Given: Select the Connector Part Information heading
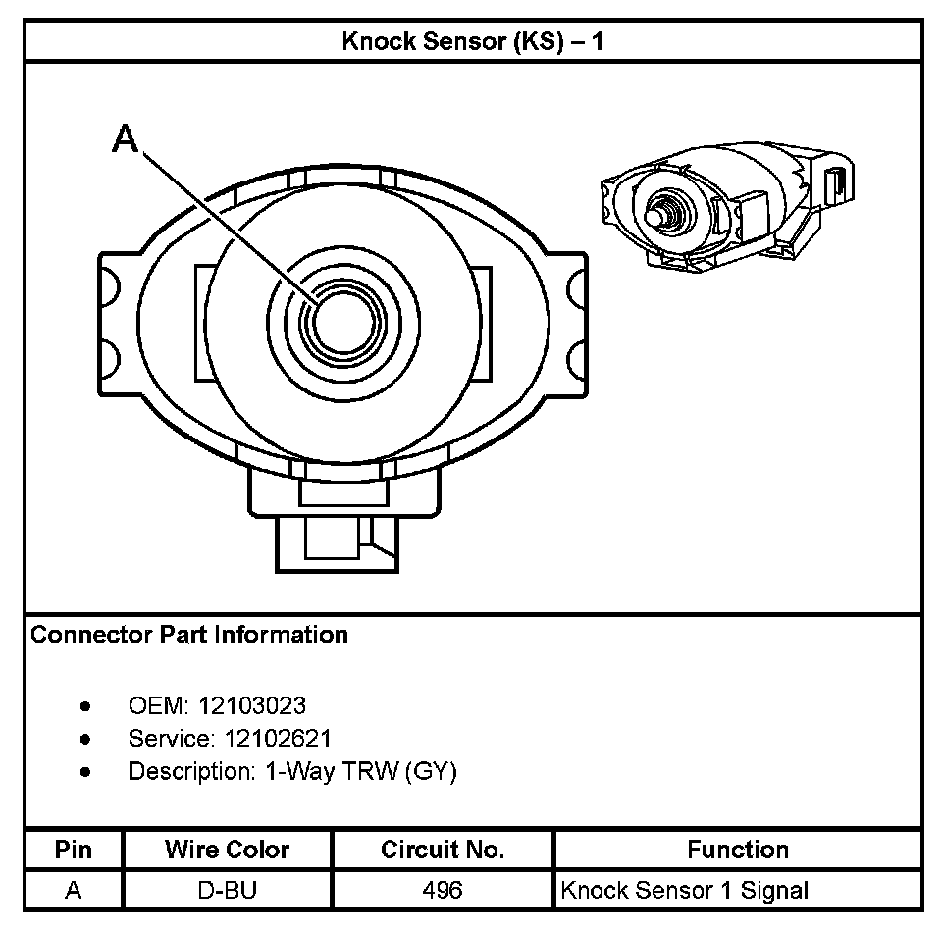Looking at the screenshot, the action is [x=189, y=635].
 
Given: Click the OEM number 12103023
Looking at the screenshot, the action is [x=252, y=705].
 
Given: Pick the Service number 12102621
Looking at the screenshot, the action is [x=265, y=738].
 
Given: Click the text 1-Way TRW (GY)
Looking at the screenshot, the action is [x=361, y=771].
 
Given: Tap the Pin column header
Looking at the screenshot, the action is [x=74, y=850].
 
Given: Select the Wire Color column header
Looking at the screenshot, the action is [x=227, y=850].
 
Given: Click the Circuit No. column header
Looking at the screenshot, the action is [x=443, y=850].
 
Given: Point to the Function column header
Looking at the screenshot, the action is [x=738, y=850].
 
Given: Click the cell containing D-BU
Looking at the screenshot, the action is [x=227, y=891].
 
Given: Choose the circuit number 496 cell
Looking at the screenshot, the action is [x=443, y=891].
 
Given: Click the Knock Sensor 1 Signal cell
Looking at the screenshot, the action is [x=684, y=891].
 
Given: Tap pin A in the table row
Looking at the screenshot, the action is [x=74, y=891].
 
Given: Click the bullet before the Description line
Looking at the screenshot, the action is [x=86, y=772].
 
